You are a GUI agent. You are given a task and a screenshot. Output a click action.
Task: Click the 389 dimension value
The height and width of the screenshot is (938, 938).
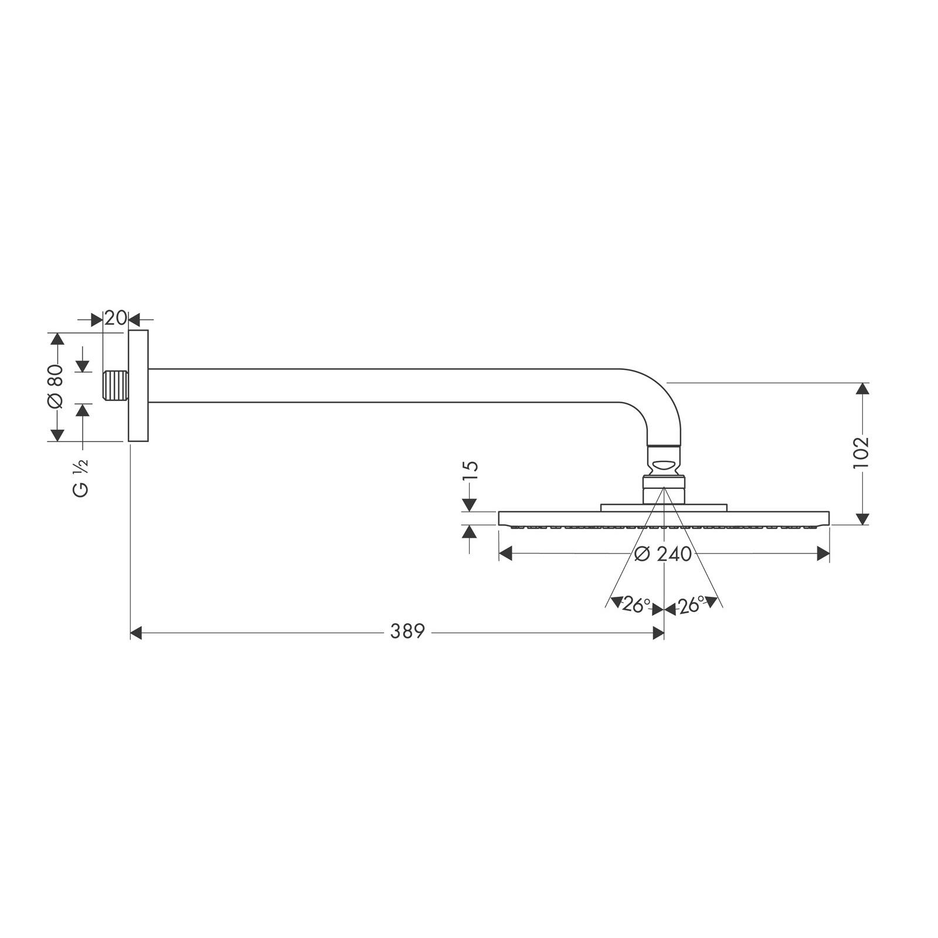click(407, 632)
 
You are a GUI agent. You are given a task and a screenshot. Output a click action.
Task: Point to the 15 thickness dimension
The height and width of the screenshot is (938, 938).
click(470, 470)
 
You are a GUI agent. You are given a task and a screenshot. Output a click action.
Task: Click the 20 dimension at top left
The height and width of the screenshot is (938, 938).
click(115, 318)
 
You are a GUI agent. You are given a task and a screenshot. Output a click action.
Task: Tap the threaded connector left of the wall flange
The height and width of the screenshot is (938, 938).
click(115, 386)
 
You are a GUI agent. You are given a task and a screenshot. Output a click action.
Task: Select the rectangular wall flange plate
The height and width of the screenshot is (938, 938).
click(138, 386)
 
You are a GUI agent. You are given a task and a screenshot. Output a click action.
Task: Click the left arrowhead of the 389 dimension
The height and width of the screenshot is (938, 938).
click(136, 633)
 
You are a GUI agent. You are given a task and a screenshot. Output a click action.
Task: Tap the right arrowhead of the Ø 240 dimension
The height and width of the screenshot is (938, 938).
click(823, 554)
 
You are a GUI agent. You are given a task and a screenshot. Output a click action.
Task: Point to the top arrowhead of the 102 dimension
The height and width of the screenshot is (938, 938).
click(861, 389)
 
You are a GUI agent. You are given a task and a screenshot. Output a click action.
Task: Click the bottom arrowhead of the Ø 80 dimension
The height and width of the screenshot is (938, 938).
click(57, 434)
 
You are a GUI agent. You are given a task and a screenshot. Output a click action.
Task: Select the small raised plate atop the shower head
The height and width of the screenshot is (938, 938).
click(664, 507)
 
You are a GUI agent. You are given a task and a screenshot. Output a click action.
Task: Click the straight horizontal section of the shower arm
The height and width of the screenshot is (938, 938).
click(381, 386)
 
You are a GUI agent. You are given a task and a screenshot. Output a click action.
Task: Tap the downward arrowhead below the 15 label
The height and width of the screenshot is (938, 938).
click(470, 504)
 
